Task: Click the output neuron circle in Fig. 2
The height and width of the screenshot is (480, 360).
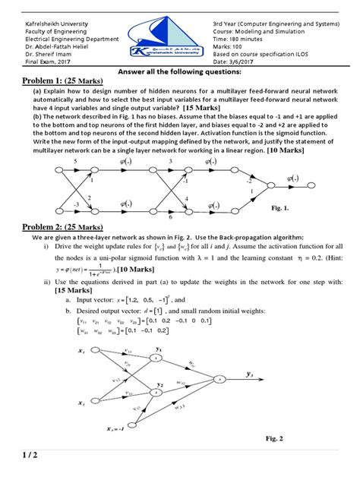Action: click(x=218, y=378)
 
